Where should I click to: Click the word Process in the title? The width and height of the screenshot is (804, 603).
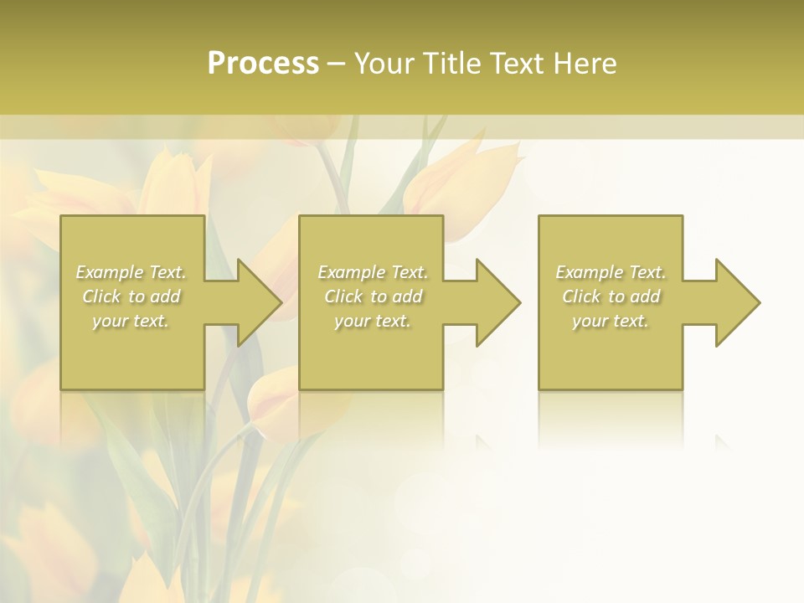(x=263, y=63)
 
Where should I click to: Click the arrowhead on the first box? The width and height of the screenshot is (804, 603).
(x=255, y=302)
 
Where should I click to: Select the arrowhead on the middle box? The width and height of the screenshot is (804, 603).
(x=495, y=302)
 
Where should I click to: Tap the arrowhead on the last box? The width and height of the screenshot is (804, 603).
(x=734, y=302)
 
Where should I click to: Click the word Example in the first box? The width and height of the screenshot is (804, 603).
(x=109, y=272)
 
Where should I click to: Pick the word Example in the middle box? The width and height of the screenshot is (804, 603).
(x=350, y=272)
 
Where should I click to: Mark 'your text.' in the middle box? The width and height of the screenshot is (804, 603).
(x=373, y=321)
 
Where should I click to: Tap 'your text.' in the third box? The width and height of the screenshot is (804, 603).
(x=611, y=321)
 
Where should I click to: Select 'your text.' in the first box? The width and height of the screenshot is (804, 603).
(x=131, y=321)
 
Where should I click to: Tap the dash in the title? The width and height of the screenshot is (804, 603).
(x=336, y=63)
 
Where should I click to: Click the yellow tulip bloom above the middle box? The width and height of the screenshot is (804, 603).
(x=461, y=180)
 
